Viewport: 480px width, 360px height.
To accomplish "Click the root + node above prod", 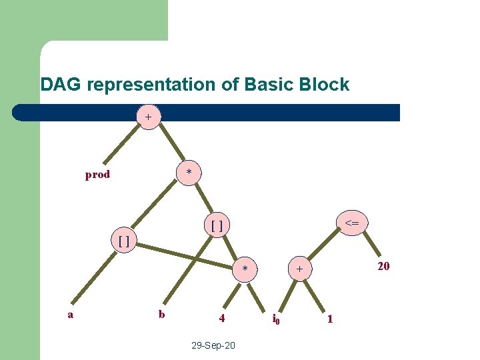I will [148, 117].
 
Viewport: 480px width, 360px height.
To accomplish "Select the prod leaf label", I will [97, 175].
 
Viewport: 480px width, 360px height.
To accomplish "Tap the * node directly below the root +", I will [189, 173].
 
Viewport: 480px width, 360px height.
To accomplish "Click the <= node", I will [353, 223].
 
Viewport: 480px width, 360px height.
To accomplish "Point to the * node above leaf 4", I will [245, 269].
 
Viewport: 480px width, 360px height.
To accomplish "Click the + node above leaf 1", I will [301, 269].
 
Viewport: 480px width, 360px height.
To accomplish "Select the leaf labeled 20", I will [383, 267].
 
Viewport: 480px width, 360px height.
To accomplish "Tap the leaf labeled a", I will [70, 314].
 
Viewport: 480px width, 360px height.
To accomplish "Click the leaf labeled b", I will [161, 314].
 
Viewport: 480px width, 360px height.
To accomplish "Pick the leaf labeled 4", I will [222, 319].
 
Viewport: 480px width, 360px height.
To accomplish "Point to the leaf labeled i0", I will [276, 320].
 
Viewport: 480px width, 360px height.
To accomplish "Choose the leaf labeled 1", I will [329, 319].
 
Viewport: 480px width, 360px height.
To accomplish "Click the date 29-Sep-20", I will [213, 346].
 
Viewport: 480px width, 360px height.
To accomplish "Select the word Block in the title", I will [325, 85].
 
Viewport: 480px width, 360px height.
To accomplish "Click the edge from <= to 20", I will [370, 243].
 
